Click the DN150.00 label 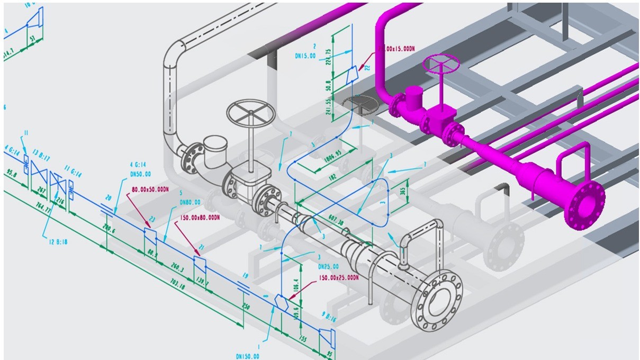pos(248,356)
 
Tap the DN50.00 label pos(141,174)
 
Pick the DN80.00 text pos(189,202)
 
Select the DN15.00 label pos(305,55)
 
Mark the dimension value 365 pos(403,190)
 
